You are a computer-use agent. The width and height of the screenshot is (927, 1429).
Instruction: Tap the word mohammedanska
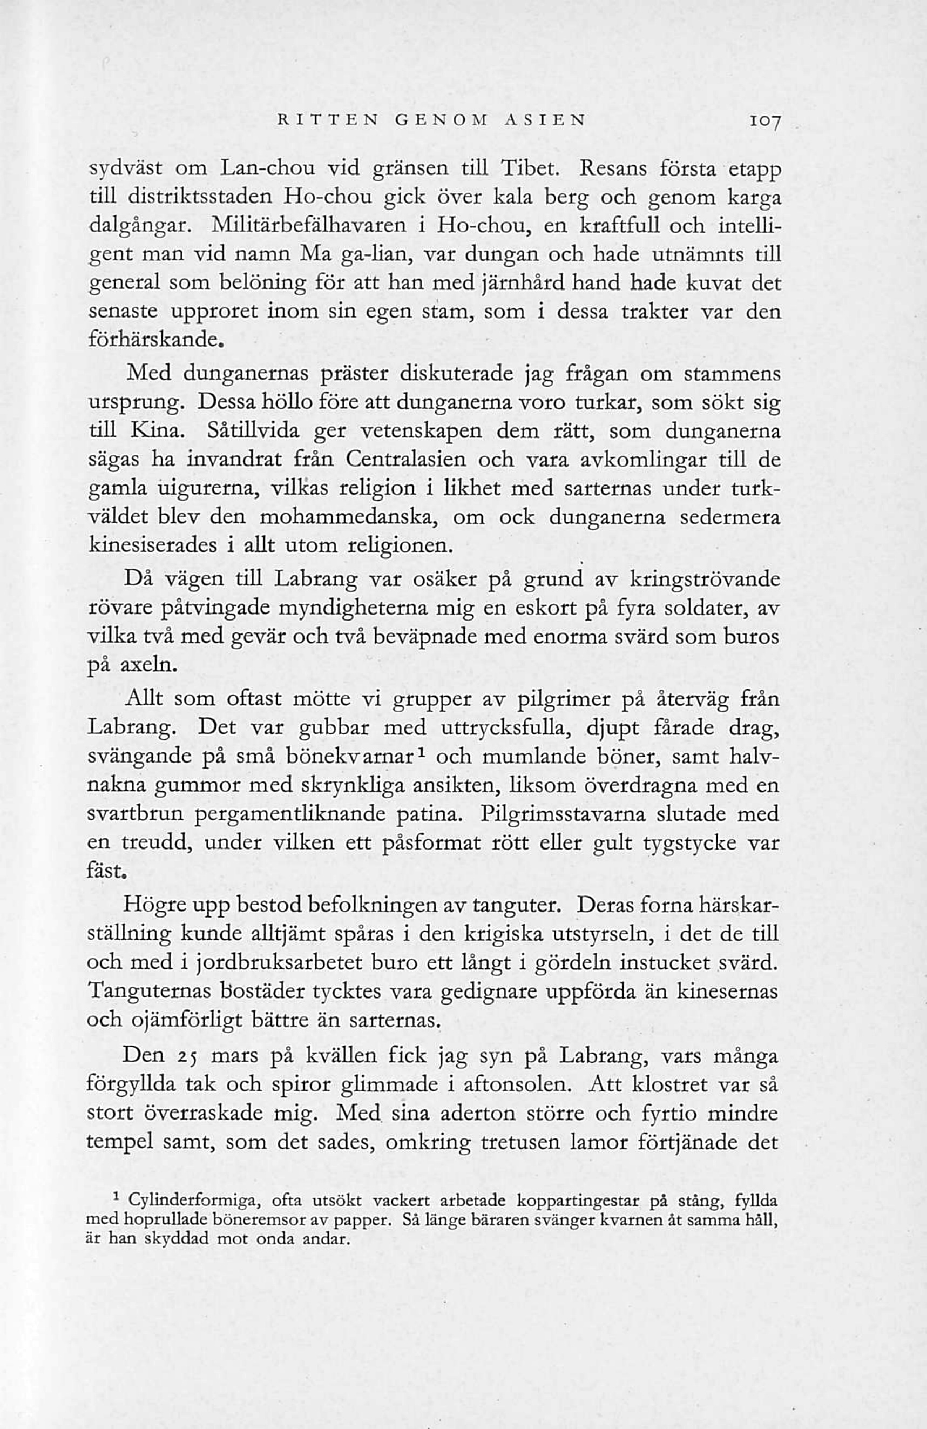point(349,517)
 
